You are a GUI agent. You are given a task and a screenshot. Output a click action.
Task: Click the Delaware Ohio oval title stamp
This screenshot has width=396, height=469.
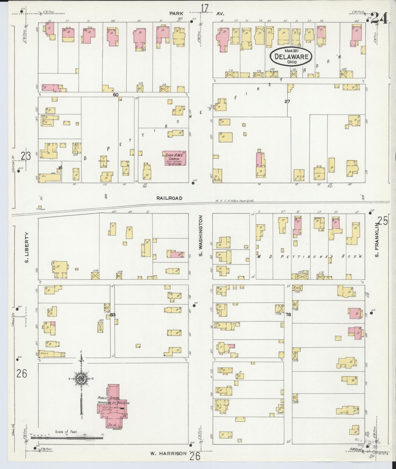[x=291, y=57]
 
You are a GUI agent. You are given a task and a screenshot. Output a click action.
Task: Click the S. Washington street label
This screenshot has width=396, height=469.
[x=201, y=236]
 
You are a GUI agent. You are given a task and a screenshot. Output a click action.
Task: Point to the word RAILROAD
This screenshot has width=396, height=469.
[x=169, y=198]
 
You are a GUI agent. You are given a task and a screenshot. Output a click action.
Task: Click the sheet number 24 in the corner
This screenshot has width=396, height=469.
[x=380, y=19]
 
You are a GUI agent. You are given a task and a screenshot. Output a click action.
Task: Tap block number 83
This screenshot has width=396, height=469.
[x=113, y=315]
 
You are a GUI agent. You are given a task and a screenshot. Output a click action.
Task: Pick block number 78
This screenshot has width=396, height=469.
[x=288, y=315]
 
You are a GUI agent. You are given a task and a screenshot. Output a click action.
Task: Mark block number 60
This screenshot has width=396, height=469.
[x=116, y=95]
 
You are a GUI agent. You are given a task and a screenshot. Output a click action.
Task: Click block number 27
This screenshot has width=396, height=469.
[x=287, y=101]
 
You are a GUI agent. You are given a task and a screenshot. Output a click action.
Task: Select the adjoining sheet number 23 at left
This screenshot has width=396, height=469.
[x=26, y=156]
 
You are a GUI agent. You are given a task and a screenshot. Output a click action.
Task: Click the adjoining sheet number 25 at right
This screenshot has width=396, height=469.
[x=383, y=221]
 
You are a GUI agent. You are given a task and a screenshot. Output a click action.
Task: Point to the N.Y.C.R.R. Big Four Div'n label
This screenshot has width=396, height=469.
[x=234, y=201]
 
